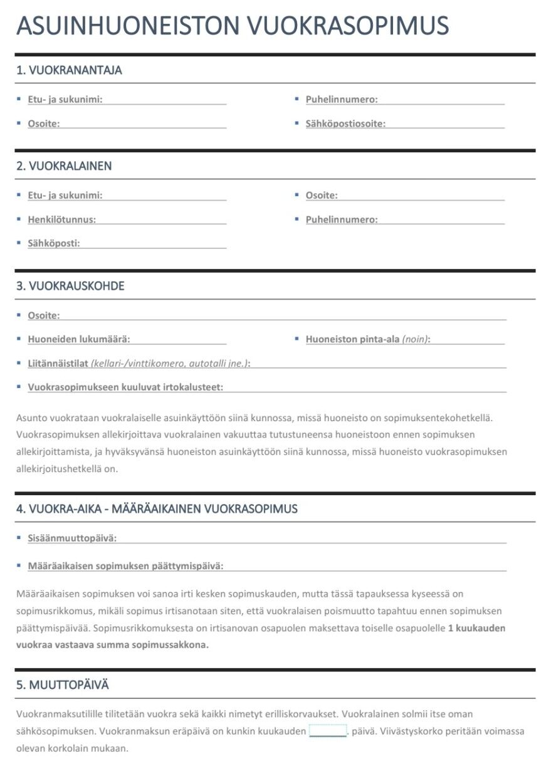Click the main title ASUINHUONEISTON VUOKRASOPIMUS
click(232, 26)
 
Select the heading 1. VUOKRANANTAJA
click(69, 70)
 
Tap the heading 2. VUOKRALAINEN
click(64, 166)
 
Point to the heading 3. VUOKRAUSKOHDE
click(70, 286)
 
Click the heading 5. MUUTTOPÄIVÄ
click(63, 685)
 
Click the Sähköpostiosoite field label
click(345, 123)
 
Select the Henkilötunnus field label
click(61, 219)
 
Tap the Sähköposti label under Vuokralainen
click(54, 243)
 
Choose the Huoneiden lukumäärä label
click(78, 339)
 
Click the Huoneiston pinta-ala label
click(352, 339)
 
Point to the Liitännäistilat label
click(58, 363)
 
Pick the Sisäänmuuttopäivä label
click(71, 538)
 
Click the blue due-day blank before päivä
click(327, 731)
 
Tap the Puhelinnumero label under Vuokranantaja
click(342, 99)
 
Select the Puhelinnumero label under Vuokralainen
click(342, 219)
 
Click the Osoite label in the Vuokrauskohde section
click(44, 315)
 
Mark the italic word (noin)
click(416, 339)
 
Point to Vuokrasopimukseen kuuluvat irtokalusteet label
click(125, 387)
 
